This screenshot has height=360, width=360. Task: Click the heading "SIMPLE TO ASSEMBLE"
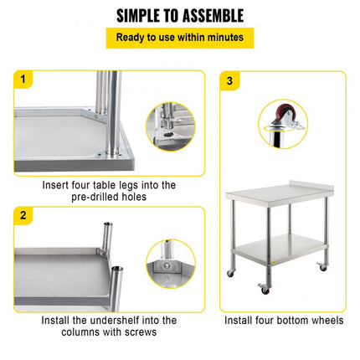[x=179, y=15]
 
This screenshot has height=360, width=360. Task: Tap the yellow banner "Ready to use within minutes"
[x=179, y=38]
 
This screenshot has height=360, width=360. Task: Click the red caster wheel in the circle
[x=275, y=115]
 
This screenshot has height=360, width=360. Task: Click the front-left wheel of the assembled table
[x=264, y=289]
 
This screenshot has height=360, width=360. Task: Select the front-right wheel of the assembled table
[x=321, y=267]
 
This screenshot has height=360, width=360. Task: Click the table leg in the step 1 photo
[x=107, y=109]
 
